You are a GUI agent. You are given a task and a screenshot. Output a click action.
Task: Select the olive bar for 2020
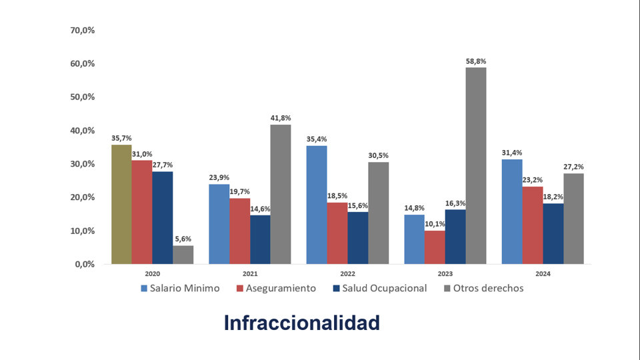click(x=121, y=204)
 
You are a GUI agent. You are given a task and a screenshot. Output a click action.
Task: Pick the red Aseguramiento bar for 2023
click(x=434, y=247)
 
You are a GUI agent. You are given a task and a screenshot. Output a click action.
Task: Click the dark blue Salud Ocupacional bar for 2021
click(x=260, y=239)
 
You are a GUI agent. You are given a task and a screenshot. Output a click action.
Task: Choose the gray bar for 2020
click(x=183, y=255)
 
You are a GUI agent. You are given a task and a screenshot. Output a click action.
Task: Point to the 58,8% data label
click(x=476, y=61)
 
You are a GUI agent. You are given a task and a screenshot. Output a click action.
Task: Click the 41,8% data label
click(x=281, y=118)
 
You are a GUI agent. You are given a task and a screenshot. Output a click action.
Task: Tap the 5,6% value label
click(x=183, y=239)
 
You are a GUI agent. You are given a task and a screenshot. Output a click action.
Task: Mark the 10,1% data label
click(x=434, y=224)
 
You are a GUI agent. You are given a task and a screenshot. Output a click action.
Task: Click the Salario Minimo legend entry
click(x=180, y=289)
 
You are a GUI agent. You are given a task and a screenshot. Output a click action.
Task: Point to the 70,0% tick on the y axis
click(x=83, y=30)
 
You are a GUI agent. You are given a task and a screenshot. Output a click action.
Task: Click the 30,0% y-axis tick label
click(x=83, y=164)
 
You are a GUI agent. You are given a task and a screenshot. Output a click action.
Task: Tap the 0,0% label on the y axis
click(x=85, y=264)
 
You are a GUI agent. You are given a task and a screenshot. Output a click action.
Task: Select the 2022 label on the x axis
click(x=347, y=274)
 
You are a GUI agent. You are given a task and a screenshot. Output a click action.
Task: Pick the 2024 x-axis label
click(x=542, y=274)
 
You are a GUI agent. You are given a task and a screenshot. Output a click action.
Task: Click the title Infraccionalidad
click(x=301, y=323)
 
